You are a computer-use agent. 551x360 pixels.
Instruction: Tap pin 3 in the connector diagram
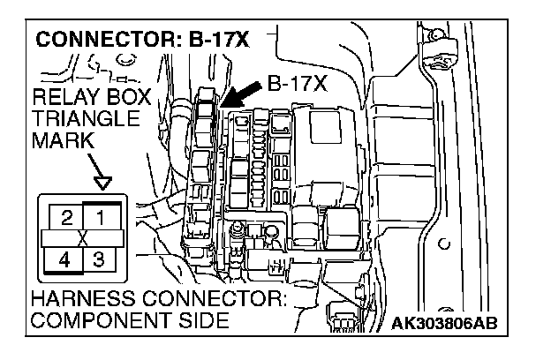(99, 260)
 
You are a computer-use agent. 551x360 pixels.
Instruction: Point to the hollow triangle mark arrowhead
(104, 184)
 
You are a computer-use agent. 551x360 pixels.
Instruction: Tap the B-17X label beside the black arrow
(296, 86)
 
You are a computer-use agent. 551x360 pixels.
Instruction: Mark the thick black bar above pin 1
(102, 203)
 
